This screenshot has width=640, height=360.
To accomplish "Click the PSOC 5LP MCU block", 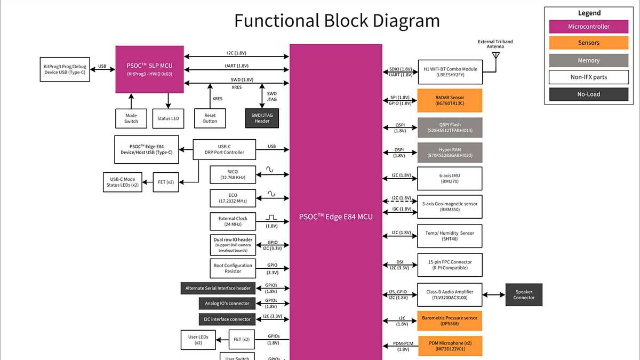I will tap(149, 69).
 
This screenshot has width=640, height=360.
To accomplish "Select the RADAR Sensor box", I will tap(450, 100).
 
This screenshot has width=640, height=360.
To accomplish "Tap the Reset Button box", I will tap(210, 118).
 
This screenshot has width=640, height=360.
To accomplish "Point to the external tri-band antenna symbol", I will tap(496, 55).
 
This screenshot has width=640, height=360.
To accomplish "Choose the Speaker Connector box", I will tap(524, 294).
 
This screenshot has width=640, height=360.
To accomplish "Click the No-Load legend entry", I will tap(588, 94).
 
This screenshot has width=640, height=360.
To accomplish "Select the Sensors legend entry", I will tap(588, 43).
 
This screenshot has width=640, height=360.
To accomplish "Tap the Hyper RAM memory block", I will tap(450, 153).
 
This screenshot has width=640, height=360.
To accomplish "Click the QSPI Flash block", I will tap(450, 128).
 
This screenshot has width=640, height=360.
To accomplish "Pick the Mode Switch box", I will tap(131, 118).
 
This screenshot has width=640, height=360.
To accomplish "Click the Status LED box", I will tap(168, 118).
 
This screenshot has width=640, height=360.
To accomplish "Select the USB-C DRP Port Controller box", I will tap(225, 149).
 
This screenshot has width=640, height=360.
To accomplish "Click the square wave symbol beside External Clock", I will tap(272, 218).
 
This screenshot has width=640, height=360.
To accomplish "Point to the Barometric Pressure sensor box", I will tap(450, 321).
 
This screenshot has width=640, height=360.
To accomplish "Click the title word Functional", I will tap(277, 21).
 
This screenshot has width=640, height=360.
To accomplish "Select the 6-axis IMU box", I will tap(450, 178).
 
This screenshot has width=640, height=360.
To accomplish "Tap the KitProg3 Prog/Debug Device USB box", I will tap(63, 69).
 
